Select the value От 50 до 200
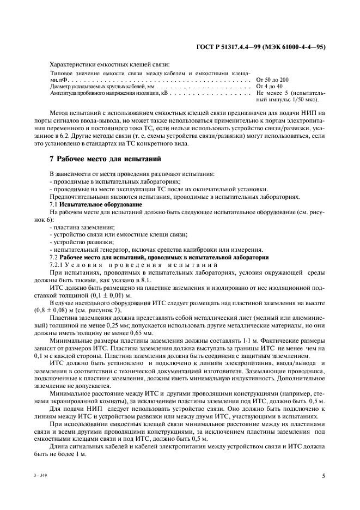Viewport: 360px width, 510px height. [x=272, y=80]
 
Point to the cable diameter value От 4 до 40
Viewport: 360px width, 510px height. [x=269, y=87]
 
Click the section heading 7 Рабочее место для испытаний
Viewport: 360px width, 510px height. [x=104, y=159]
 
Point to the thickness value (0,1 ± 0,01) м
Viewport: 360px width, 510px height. [x=117, y=294]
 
